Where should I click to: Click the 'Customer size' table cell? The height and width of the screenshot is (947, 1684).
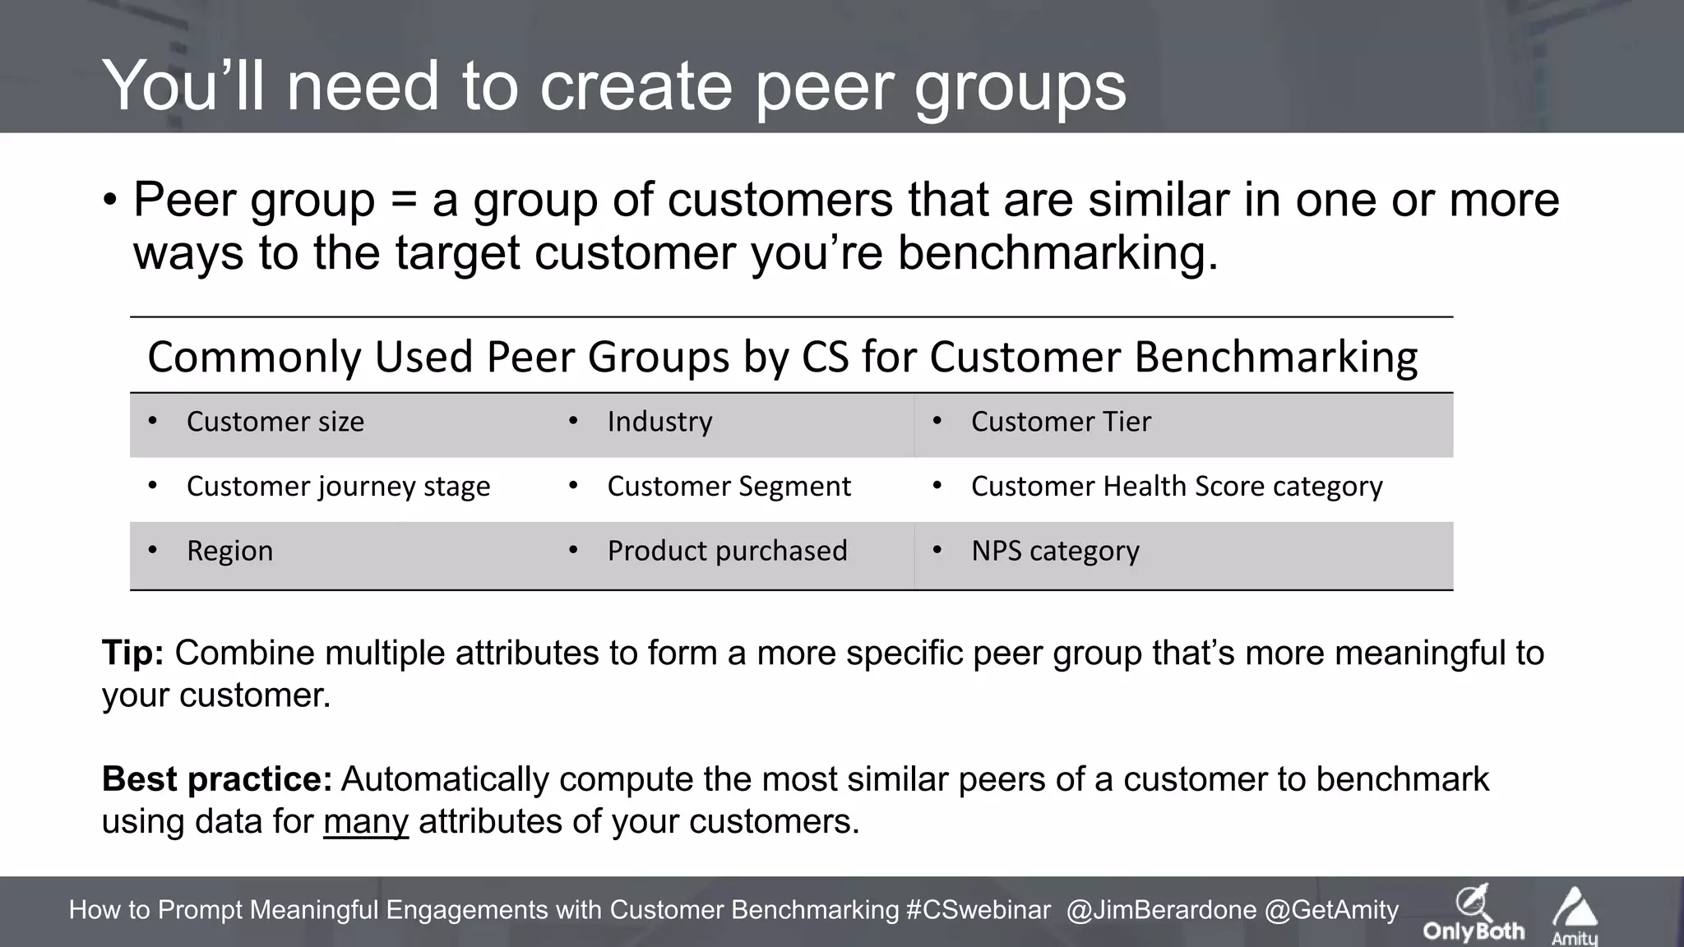click(275, 422)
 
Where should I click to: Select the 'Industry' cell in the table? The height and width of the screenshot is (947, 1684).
click(659, 422)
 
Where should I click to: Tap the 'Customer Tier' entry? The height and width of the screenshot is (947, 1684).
click(1061, 422)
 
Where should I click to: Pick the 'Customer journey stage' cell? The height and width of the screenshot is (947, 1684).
click(338, 487)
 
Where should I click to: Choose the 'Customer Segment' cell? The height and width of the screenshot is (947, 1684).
click(729, 487)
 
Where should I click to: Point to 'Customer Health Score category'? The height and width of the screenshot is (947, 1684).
click(1177, 487)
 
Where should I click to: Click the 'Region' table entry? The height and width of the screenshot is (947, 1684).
click(229, 551)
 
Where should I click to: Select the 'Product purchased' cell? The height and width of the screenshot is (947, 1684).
click(727, 551)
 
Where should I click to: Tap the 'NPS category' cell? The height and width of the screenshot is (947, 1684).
click(1055, 551)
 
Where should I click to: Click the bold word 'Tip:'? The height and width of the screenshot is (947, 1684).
click(133, 654)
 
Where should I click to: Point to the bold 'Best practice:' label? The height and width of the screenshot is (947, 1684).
click(217, 779)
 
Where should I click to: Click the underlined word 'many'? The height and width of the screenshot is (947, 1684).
click(366, 821)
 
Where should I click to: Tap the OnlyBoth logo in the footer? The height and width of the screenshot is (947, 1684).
click(1473, 914)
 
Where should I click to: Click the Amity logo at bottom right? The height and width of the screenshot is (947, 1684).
click(1575, 916)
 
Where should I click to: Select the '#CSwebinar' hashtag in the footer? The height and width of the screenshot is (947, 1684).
click(978, 910)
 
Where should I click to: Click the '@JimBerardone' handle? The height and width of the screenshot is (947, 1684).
click(1161, 910)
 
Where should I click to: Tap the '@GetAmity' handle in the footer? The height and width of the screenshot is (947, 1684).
click(1331, 910)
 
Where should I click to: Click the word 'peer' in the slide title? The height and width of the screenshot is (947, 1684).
click(825, 88)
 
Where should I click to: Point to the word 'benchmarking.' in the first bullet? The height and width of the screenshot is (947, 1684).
click(1057, 252)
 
